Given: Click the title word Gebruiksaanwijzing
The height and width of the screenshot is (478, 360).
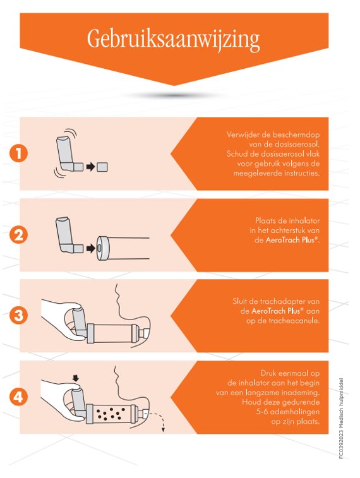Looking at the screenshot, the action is (x=173, y=40).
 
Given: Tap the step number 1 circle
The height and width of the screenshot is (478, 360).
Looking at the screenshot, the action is (x=18, y=153).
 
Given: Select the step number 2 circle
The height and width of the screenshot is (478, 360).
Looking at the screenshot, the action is (x=18, y=235).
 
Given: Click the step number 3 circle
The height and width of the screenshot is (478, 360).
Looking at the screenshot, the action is (x=18, y=315).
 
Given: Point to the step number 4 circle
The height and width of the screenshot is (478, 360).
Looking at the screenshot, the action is (x=18, y=397).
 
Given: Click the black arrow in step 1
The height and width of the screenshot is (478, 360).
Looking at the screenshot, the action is (x=90, y=167).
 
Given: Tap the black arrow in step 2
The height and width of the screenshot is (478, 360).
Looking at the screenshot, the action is (x=91, y=248).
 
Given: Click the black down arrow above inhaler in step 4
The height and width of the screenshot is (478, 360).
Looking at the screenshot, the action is (x=76, y=378).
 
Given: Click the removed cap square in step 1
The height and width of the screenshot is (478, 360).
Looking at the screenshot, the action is (x=102, y=167).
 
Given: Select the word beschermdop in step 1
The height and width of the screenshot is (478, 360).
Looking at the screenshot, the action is (x=296, y=134).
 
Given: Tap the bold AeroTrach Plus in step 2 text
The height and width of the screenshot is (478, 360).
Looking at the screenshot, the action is (x=292, y=240).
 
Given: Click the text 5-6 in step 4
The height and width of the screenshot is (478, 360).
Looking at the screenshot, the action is (x=262, y=412).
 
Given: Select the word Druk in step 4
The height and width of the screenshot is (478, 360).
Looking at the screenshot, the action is (x=268, y=373).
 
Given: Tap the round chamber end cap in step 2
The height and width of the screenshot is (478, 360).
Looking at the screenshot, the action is (x=103, y=248).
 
